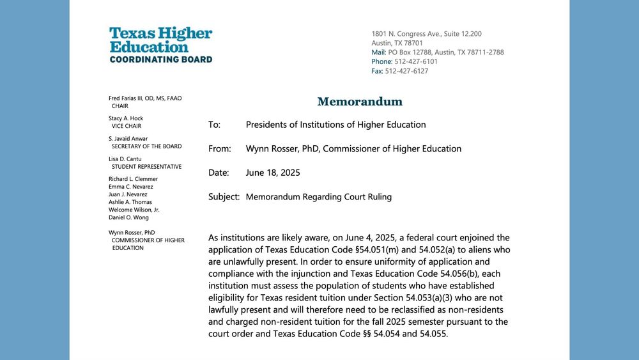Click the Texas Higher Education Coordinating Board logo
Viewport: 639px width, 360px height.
pyautogui.click(x=160, y=45)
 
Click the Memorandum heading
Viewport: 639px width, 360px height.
pyautogui.click(x=360, y=101)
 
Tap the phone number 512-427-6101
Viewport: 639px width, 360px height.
pyautogui.click(x=416, y=61)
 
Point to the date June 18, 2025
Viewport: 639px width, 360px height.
pyautogui.click(x=273, y=173)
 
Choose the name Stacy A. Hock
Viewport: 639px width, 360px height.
pyautogui.click(x=126, y=118)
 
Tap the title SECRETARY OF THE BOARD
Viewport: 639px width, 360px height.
pyautogui.click(x=146, y=146)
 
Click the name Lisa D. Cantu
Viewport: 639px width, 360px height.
pyautogui.click(x=125, y=159)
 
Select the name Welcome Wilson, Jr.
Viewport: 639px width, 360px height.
pyautogui.click(x=134, y=210)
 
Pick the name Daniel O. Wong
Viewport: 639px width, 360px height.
pyautogui.click(x=128, y=217)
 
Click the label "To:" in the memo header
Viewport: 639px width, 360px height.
pyautogui.click(x=214, y=125)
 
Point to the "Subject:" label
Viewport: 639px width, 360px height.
pyautogui.click(x=224, y=197)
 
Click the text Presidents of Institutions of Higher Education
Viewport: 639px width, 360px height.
pyautogui.click(x=335, y=125)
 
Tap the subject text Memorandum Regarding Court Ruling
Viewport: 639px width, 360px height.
pyautogui.click(x=318, y=197)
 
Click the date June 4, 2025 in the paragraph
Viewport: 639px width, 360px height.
pyautogui.click(x=381, y=238)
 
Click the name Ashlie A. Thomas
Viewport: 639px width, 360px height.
pyautogui.click(x=130, y=202)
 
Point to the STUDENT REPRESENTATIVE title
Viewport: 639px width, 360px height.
pyautogui.click(x=146, y=167)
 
